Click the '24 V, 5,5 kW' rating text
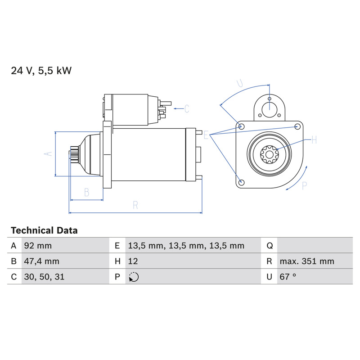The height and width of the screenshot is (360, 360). pyautogui.click(x=41, y=71)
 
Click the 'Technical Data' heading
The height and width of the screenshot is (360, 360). pyautogui.click(x=44, y=230)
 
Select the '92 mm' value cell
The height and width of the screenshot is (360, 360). pyautogui.click(x=38, y=246)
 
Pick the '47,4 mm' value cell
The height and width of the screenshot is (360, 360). pyautogui.click(x=41, y=261)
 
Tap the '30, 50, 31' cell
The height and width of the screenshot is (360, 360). pyautogui.click(x=44, y=277)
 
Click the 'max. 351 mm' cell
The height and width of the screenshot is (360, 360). pyautogui.click(x=307, y=261)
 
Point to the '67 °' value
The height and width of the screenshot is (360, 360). pyautogui.click(x=288, y=277)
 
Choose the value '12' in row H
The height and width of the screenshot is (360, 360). pyautogui.click(x=133, y=261)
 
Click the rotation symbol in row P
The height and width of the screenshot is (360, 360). pyautogui.click(x=134, y=277)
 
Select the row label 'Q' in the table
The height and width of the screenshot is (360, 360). pyautogui.click(x=270, y=246)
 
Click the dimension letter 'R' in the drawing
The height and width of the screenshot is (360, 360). pyautogui.click(x=135, y=205)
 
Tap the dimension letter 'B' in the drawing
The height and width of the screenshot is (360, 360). pyautogui.click(x=86, y=193)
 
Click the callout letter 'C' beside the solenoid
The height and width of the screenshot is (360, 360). pyautogui.click(x=187, y=108)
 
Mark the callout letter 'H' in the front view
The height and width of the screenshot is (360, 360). pyautogui.click(x=314, y=139)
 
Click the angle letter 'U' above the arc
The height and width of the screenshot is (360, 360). pyautogui.click(x=240, y=83)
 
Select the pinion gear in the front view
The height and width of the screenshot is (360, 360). pyautogui.click(x=269, y=154)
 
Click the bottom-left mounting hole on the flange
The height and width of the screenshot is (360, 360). pyautogui.click(x=241, y=183)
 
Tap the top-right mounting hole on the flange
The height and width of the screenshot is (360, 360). pyautogui.click(x=297, y=126)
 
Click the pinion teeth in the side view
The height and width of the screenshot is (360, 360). pyautogui.click(x=74, y=154)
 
